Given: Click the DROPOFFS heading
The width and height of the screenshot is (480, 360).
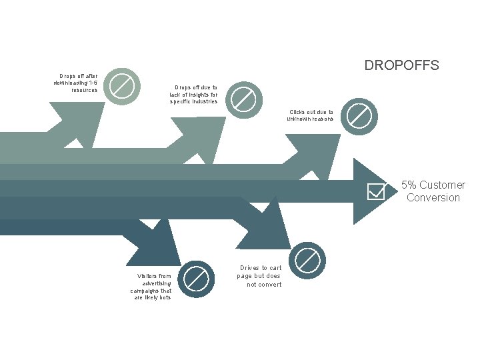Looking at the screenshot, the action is pyautogui.click(x=401, y=65).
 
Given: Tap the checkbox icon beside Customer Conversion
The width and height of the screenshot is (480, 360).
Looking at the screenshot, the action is pyautogui.click(x=377, y=191).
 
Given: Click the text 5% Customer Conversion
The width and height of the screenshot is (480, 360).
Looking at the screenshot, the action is pyautogui.click(x=433, y=191).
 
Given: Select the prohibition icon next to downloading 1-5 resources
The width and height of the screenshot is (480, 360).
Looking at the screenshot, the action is pyautogui.click(x=122, y=85).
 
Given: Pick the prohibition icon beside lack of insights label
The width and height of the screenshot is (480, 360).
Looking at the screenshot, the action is pyautogui.click(x=243, y=100).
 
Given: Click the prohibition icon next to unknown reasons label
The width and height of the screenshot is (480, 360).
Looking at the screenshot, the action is pyautogui.click(x=360, y=116).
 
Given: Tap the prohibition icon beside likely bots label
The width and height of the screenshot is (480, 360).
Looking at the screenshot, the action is pyautogui.click(x=197, y=278).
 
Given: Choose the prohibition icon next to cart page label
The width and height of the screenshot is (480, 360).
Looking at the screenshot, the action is pyautogui.click(x=308, y=260).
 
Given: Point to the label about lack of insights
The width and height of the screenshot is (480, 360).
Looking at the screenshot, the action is pyautogui.click(x=193, y=94).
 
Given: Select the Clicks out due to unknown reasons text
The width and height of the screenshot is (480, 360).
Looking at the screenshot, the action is pyautogui.click(x=311, y=115).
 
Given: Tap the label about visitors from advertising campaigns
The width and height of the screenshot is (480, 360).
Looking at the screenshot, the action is pyautogui.click(x=151, y=286).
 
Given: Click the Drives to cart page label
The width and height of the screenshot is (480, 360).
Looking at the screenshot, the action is pyautogui.click(x=260, y=276).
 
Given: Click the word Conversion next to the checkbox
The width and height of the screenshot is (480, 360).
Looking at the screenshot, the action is pyautogui.click(x=433, y=198).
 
